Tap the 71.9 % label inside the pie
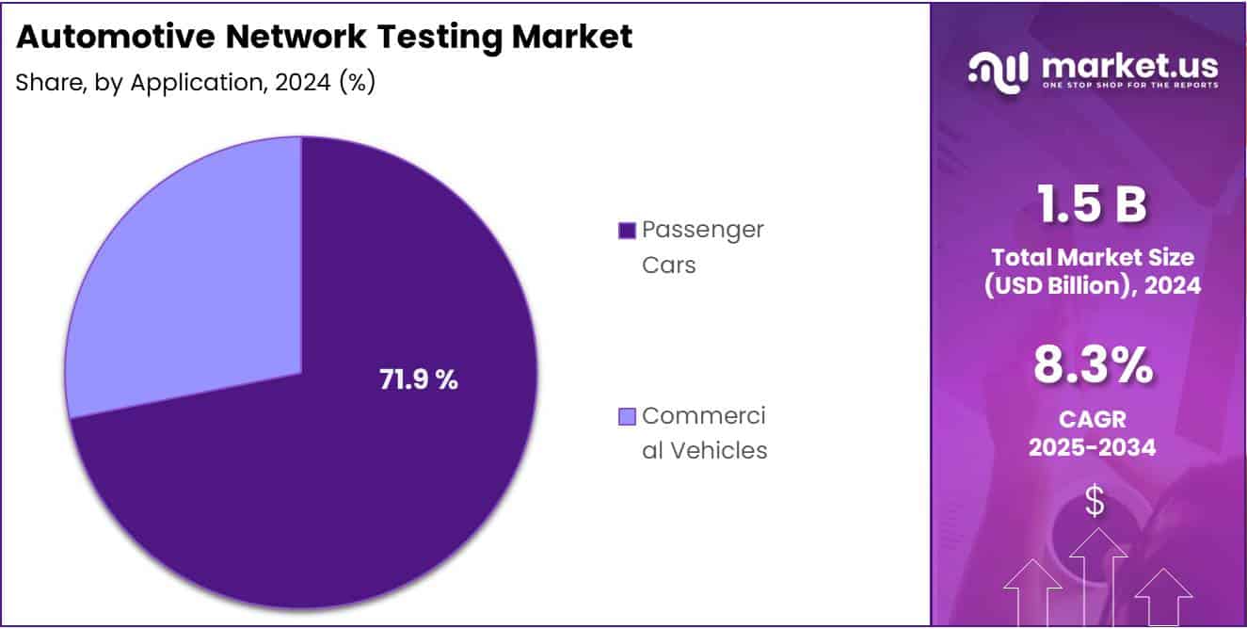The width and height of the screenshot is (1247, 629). point(419,380)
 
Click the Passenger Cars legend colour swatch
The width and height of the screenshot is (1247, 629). point(627,230)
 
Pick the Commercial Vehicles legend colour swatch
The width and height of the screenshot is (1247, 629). point(627,416)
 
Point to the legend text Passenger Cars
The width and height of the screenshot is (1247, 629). point(702,247)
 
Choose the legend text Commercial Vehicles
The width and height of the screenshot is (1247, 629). point(704,433)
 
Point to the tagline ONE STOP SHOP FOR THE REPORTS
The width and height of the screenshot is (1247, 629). point(1129,85)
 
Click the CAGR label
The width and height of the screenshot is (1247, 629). point(1092,418)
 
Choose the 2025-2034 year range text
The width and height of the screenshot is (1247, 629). point(1092,448)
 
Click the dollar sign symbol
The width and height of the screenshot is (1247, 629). point(1094,501)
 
